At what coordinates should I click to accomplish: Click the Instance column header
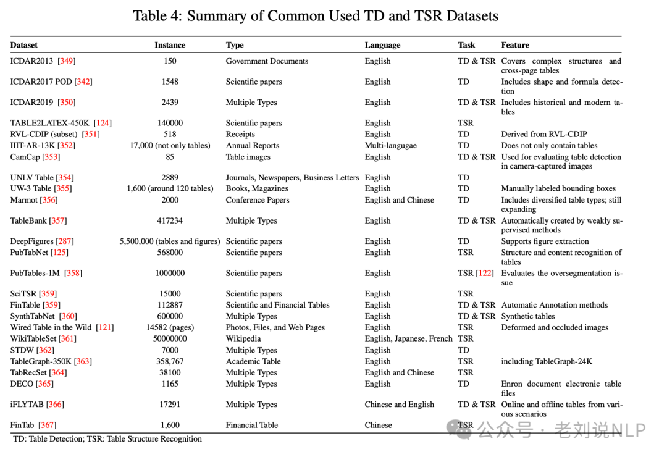tap(170, 45)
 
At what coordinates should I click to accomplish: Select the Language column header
tap(382, 45)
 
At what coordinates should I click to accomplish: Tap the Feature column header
tap(514, 45)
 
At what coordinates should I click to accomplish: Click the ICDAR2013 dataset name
tap(31, 61)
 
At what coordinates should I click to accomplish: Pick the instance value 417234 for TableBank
tap(170, 220)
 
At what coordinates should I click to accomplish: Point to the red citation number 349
tap(66, 61)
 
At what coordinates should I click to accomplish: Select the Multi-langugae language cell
tap(390, 146)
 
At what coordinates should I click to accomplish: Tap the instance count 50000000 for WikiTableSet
tap(170, 338)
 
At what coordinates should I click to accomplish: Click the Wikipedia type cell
tap(243, 338)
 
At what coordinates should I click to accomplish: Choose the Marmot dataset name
tap(24, 200)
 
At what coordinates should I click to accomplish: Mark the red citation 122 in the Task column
tap(485, 273)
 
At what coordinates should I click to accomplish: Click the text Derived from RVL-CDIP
tap(544, 134)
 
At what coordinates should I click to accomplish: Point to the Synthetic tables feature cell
tap(528, 316)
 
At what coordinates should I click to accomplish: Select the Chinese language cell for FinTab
tap(378, 425)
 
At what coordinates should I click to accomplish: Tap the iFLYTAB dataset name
tap(27, 405)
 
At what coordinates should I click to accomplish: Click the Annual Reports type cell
tap(252, 146)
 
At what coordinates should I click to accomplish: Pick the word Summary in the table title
tap(216, 15)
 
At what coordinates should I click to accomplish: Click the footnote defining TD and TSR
tap(107, 438)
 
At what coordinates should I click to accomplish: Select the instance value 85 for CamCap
tap(170, 157)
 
